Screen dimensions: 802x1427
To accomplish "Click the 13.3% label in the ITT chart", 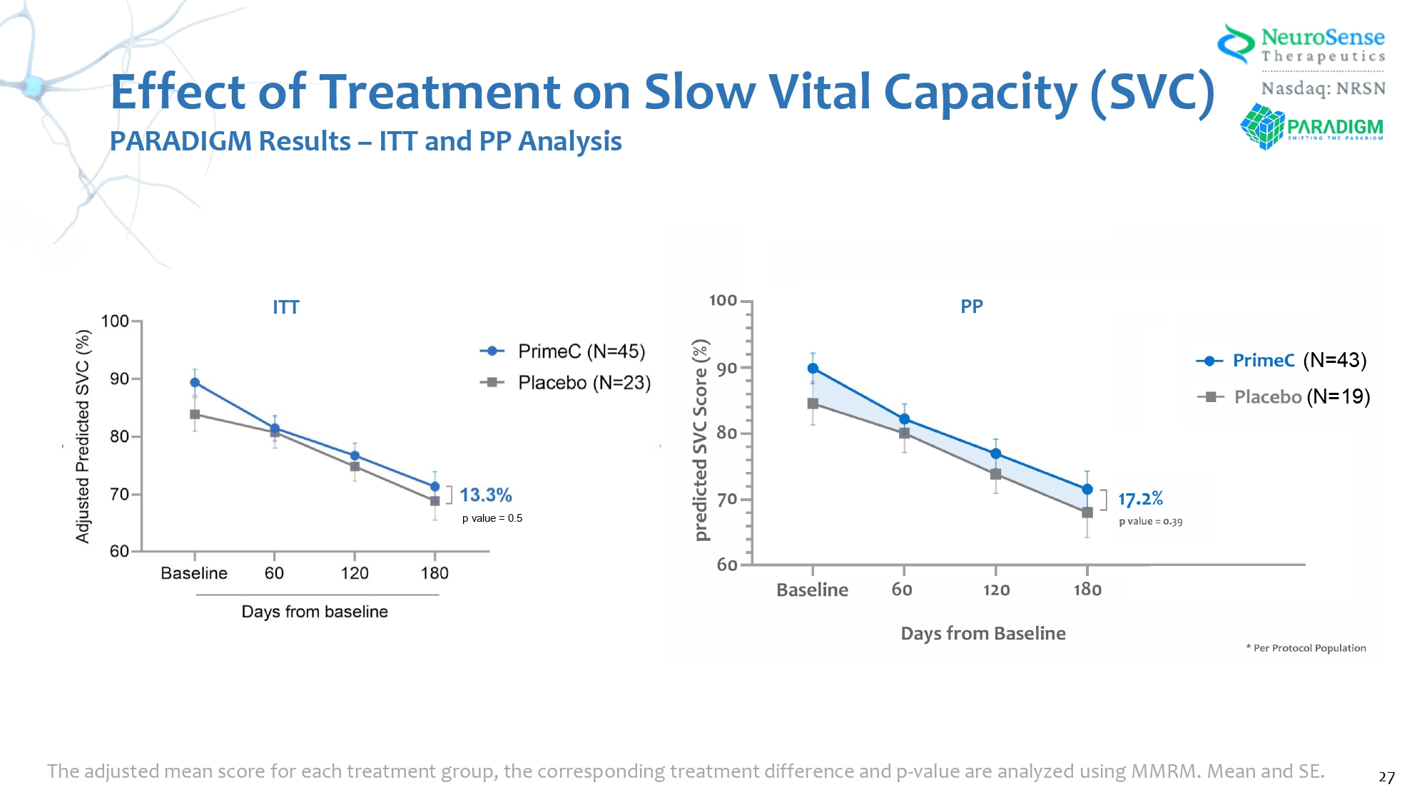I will pyautogui.click(x=485, y=495).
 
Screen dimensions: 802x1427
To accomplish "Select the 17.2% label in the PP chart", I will pyautogui.click(x=1140, y=499).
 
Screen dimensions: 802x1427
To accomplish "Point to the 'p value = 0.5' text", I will pyautogui.click(x=492, y=518).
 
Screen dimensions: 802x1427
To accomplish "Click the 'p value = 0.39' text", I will pyautogui.click(x=1150, y=521).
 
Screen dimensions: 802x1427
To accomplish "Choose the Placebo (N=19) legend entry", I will pyautogui.click(x=1284, y=396).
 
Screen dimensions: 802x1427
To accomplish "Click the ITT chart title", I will pyautogui.click(x=286, y=307).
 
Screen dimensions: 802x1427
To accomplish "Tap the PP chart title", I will pyautogui.click(x=971, y=307).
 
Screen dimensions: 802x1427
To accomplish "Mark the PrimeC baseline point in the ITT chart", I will pyautogui.click(x=195, y=383).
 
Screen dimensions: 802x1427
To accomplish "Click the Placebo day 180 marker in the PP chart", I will pyautogui.click(x=1087, y=513).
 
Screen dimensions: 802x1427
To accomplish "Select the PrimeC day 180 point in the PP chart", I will pyautogui.click(x=1087, y=489).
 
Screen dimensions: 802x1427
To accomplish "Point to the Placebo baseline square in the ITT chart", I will pyautogui.click(x=195, y=414).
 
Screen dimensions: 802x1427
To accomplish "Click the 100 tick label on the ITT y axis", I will pyautogui.click(x=115, y=322).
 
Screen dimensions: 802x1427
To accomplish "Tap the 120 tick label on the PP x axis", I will pyautogui.click(x=996, y=590).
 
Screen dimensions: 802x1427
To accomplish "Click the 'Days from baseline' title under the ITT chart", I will pyautogui.click(x=315, y=612).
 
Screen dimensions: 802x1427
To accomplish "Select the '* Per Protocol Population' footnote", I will pyautogui.click(x=1306, y=648).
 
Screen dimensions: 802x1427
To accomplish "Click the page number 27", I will pyautogui.click(x=1386, y=777).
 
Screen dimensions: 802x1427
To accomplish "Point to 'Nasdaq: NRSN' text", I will pyautogui.click(x=1323, y=88).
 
